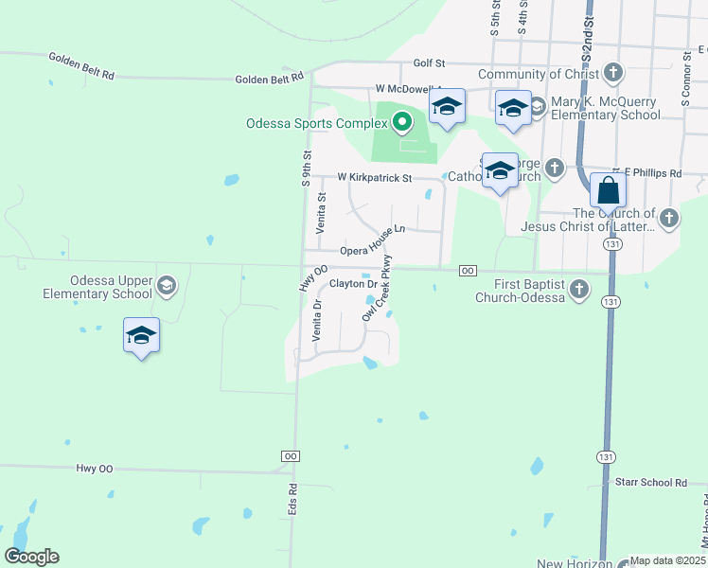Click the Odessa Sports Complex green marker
click(x=402, y=121)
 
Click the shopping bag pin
click(x=608, y=191)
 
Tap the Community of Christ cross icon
click(x=613, y=72)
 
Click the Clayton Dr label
click(x=353, y=284)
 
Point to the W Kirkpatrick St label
click(x=375, y=177)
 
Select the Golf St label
click(x=429, y=63)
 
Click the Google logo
click(x=32, y=557)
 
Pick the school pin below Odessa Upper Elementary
click(x=141, y=337)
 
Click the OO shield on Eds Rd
click(x=292, y=456)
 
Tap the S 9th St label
click(x=306, y=168)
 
